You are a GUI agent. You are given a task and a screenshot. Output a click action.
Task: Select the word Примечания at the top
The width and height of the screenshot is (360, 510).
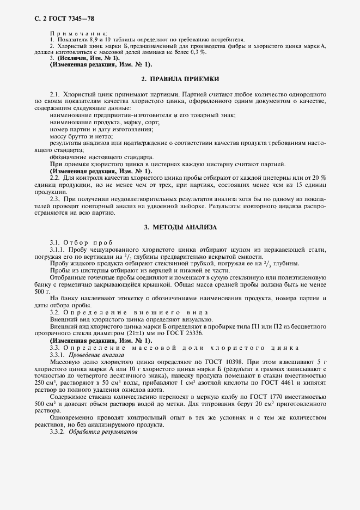pos(78,34)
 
